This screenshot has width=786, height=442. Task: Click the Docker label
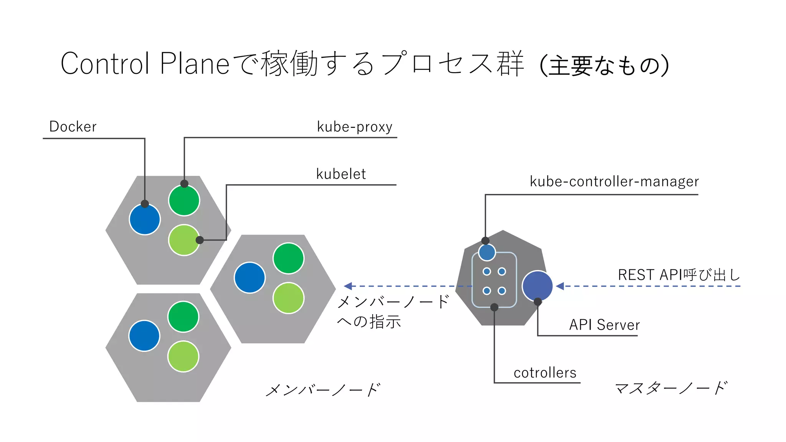coord(73,127)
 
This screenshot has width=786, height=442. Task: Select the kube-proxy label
coord(354,127)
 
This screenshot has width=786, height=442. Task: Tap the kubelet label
coord(341,174)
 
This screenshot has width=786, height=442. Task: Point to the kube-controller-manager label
coord(614,181)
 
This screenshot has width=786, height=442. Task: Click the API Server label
coord(604,325)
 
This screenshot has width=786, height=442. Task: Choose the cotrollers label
coord(545,373)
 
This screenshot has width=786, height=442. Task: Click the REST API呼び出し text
coord(679,275)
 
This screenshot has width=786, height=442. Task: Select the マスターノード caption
coord(671,388)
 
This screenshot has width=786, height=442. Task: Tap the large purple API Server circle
coord(537,286)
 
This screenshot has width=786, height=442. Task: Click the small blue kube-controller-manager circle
coord(487,252)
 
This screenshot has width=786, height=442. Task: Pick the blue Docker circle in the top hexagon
coord(145,220)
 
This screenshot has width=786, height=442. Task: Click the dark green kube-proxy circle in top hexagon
coord(184,201)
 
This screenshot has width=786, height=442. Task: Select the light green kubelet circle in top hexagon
coord(184,240)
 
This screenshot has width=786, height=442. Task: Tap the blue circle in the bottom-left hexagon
coord(144,336)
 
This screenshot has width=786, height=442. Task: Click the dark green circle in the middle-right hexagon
coord(289,258)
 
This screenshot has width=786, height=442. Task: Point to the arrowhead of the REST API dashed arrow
coord(560,286)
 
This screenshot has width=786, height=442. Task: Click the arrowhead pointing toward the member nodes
coord(348,286)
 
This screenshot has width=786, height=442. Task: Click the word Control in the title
coord(105,64)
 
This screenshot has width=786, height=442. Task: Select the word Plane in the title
coord(195,64)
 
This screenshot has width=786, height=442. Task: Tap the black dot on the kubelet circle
coord(200,240)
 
